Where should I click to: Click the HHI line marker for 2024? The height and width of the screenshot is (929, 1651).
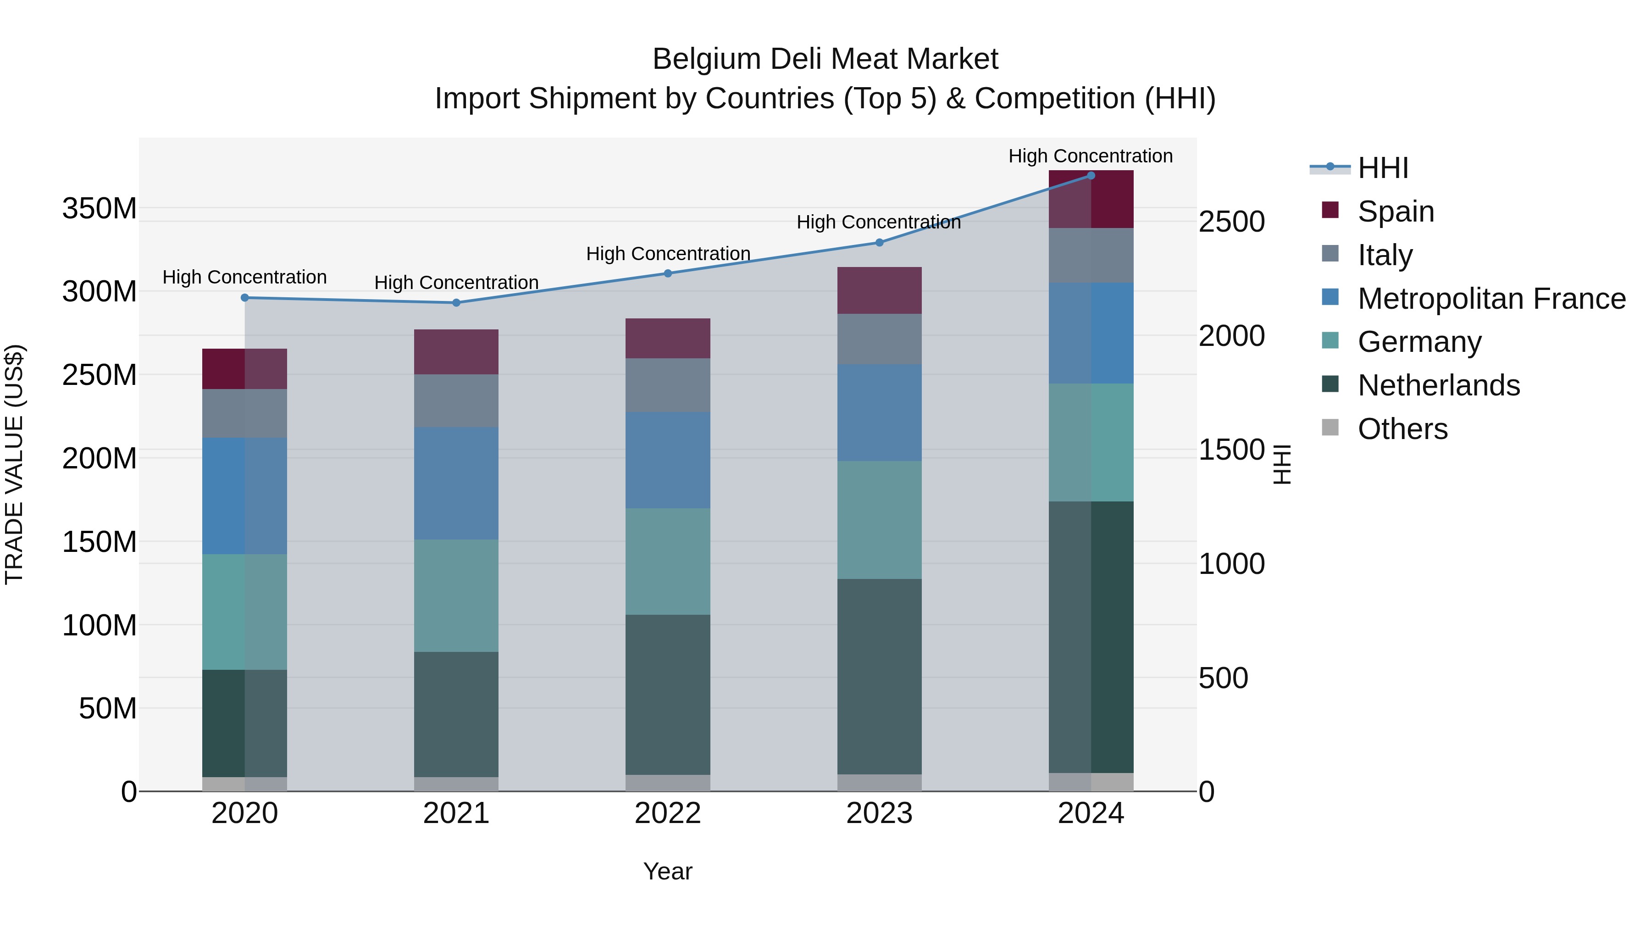pos(1091,175)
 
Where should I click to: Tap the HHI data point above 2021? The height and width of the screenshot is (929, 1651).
pos(456,303)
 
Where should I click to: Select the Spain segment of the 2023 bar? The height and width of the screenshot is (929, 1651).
pos(879,290)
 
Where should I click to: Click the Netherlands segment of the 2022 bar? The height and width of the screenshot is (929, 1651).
pos(668,695)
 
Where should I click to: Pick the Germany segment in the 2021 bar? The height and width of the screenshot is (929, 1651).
pos(456,595)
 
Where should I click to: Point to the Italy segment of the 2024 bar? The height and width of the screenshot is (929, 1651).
pos(1091,255)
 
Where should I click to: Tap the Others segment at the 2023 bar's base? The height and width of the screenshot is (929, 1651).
pos(879,783)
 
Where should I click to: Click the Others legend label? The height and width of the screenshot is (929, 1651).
pos(1402,429)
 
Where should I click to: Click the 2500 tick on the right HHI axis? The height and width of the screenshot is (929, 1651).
pos(1231,222)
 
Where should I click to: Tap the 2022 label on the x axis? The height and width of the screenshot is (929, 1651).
pos(668,813)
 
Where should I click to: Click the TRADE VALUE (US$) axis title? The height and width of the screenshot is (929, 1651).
pos(14,464)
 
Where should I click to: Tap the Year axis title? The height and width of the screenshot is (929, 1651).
pos(668,871)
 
